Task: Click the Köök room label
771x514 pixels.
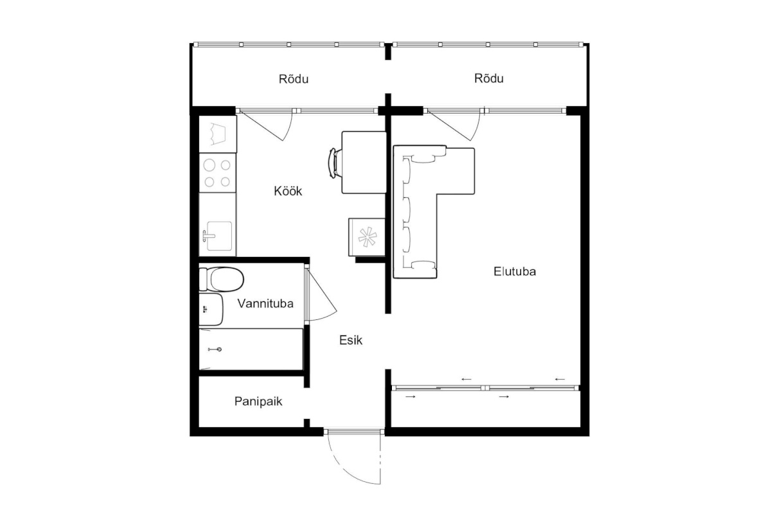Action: point(288,191)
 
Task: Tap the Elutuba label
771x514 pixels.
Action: point(515,272)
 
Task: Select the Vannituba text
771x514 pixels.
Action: point(265,304)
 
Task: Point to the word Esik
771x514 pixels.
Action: point(350,341)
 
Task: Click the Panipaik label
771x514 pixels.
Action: point(258,402)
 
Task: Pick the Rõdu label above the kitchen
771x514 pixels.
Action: point(293,79)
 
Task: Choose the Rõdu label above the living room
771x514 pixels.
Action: point(489,78)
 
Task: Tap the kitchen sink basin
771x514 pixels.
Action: point(219,236)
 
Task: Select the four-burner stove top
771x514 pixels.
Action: point(218,173)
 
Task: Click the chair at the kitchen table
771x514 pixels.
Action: point(333,163)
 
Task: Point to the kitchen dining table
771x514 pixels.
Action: point(364,162)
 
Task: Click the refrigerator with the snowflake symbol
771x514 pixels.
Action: point(367,237)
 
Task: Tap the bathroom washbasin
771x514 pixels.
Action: point(211,309)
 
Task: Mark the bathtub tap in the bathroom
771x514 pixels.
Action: point(215,350)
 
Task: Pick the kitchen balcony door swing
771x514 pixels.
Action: point(276,127)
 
